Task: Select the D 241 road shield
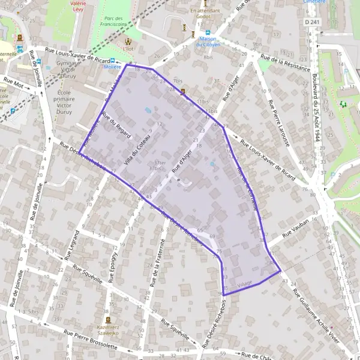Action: coord(311,22)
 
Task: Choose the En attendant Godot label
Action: coord(206,14)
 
